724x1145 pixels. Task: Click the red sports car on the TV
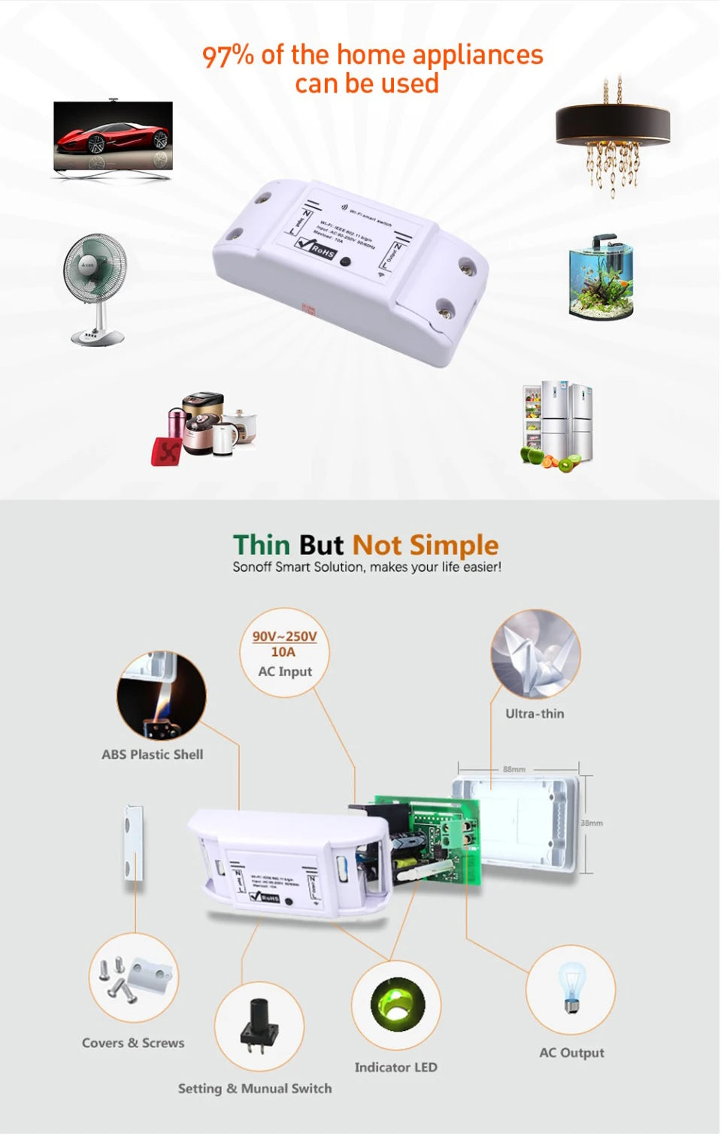click(x=114, y=137)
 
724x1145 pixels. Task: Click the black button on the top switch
click(x=345, y=262)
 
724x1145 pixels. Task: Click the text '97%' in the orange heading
click(x=228, y=56)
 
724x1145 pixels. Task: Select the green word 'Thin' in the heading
click(x=261, y=545)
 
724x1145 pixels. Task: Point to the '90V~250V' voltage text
click(x=284, y=636)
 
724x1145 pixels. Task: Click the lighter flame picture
click(x=161, y=696)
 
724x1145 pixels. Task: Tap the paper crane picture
click(x=535, y=653)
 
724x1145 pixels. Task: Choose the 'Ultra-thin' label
click(x=535, y=714)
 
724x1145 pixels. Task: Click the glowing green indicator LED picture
click(x=397, y=1005)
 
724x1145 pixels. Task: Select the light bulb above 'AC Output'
click(x=571, y=987)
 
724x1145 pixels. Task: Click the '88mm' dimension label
click(x=514, y=769)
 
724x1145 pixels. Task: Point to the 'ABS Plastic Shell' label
click(x=153, y=754)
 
